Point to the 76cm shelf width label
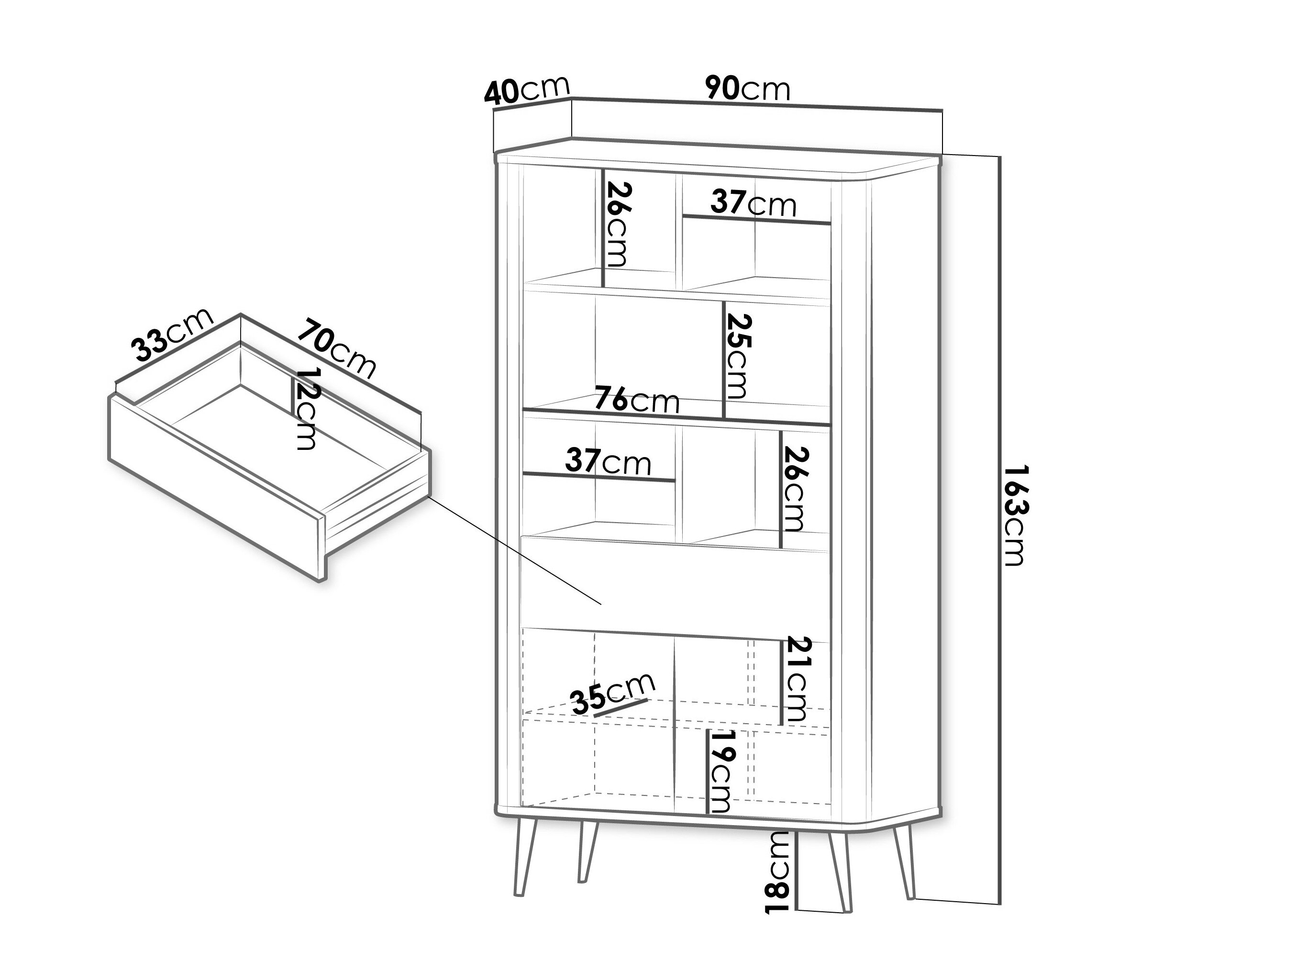637,401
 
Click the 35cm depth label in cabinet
613,693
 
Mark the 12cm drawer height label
306,409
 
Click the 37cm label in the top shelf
753,203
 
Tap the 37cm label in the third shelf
608,461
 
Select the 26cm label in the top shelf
618,224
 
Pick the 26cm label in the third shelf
796,489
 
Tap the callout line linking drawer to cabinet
516,551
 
